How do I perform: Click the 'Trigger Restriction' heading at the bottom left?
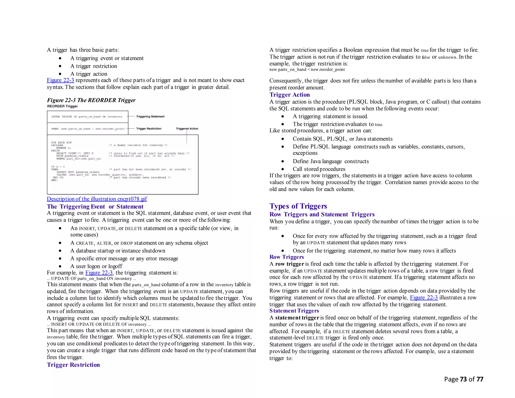point(73,365)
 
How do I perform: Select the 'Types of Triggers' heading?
point(298,206)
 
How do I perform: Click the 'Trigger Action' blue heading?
point(289,95)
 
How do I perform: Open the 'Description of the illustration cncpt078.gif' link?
point(97,199)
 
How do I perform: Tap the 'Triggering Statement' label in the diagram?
point(150,116)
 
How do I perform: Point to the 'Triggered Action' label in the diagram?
point(187,129)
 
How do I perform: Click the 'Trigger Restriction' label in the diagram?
point(149,129)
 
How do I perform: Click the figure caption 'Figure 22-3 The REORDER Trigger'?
point(91,100)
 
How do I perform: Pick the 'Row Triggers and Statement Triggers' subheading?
point(322,214)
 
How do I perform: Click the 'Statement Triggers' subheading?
point(294,311)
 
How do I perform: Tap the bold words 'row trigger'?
point(289,264)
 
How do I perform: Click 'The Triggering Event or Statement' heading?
point(95,207)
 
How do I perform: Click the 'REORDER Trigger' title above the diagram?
point(62,106)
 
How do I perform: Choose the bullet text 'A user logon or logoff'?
point(96,266)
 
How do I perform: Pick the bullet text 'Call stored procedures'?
point(319,169)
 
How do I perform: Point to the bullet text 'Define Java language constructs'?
point(331,161)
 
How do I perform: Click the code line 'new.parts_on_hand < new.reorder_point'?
point(307,69)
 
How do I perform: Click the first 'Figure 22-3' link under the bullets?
point(60,80)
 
